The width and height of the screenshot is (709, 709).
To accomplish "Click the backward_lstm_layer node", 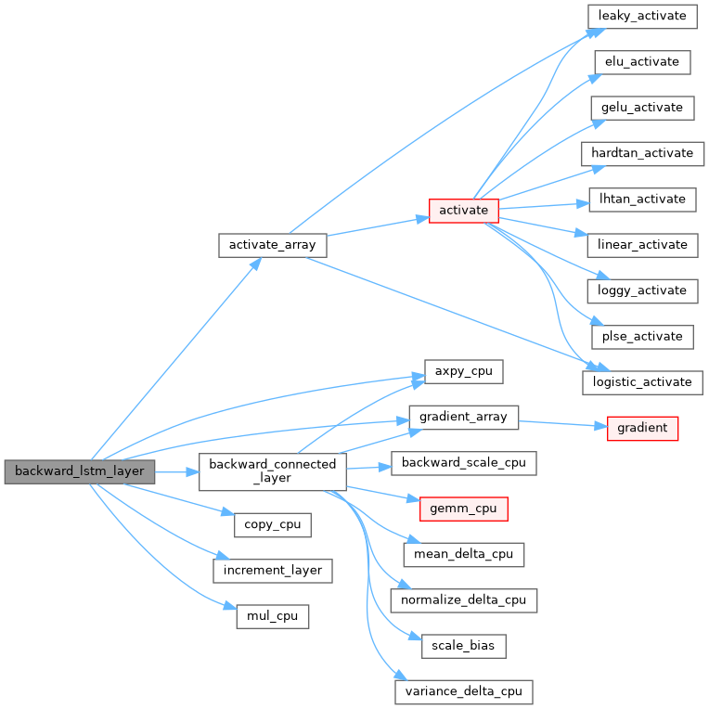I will [80, 471].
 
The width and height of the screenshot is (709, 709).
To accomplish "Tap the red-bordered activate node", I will [463, 210].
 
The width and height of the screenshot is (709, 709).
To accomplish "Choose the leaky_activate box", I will [641, 16].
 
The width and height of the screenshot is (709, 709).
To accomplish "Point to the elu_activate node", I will [641, 62].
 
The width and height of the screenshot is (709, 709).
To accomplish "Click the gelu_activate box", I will [641, 108].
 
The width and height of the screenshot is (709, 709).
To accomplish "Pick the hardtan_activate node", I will [643, 153].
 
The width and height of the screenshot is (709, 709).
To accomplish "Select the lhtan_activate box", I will [641, 199].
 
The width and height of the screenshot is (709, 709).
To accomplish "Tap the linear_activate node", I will [641, 244].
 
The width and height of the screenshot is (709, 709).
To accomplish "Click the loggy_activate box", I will [641, 290].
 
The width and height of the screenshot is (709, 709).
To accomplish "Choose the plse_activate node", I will [641, 335].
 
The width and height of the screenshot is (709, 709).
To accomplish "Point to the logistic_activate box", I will [642, 380].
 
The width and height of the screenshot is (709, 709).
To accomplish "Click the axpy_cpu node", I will [463, 371].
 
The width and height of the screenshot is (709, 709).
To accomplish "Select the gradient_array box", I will [463, 417].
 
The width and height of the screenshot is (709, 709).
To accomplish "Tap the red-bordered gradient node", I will [642, 428].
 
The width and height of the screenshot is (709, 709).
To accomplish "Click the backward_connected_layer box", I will [273, 471].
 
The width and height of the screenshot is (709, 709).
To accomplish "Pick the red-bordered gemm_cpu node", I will [463, 509].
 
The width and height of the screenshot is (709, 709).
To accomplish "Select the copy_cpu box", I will [272, 524].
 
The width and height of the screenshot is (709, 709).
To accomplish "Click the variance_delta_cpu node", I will [463, 690].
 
